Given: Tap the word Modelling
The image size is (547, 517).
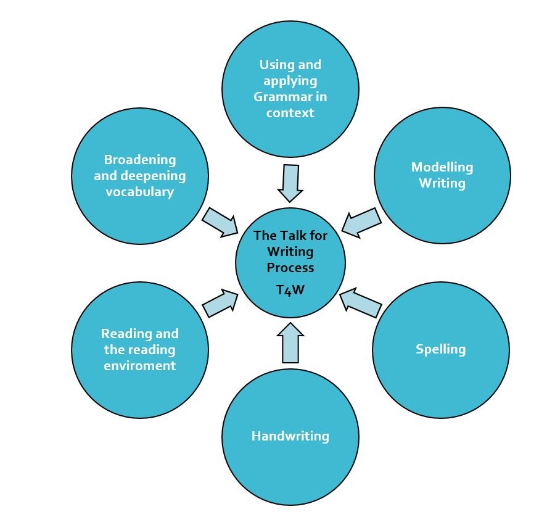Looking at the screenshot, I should (442, 167).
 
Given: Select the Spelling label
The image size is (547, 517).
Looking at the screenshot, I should (440, 349).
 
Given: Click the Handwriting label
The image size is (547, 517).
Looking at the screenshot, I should (290, 436).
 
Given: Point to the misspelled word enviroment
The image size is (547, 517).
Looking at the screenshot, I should (139, 366).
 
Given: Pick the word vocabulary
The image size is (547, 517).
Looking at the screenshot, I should (139, 192).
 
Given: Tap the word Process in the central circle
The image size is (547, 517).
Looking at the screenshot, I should (290, 268).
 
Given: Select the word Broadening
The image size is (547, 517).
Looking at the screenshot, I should (139, 160).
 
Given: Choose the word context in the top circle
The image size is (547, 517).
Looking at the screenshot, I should (290, 113).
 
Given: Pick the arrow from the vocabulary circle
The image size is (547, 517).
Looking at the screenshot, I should (220, 221).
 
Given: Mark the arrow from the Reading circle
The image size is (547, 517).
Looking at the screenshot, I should (220, 302).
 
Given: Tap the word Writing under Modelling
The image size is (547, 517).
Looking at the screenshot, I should (442, 183).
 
